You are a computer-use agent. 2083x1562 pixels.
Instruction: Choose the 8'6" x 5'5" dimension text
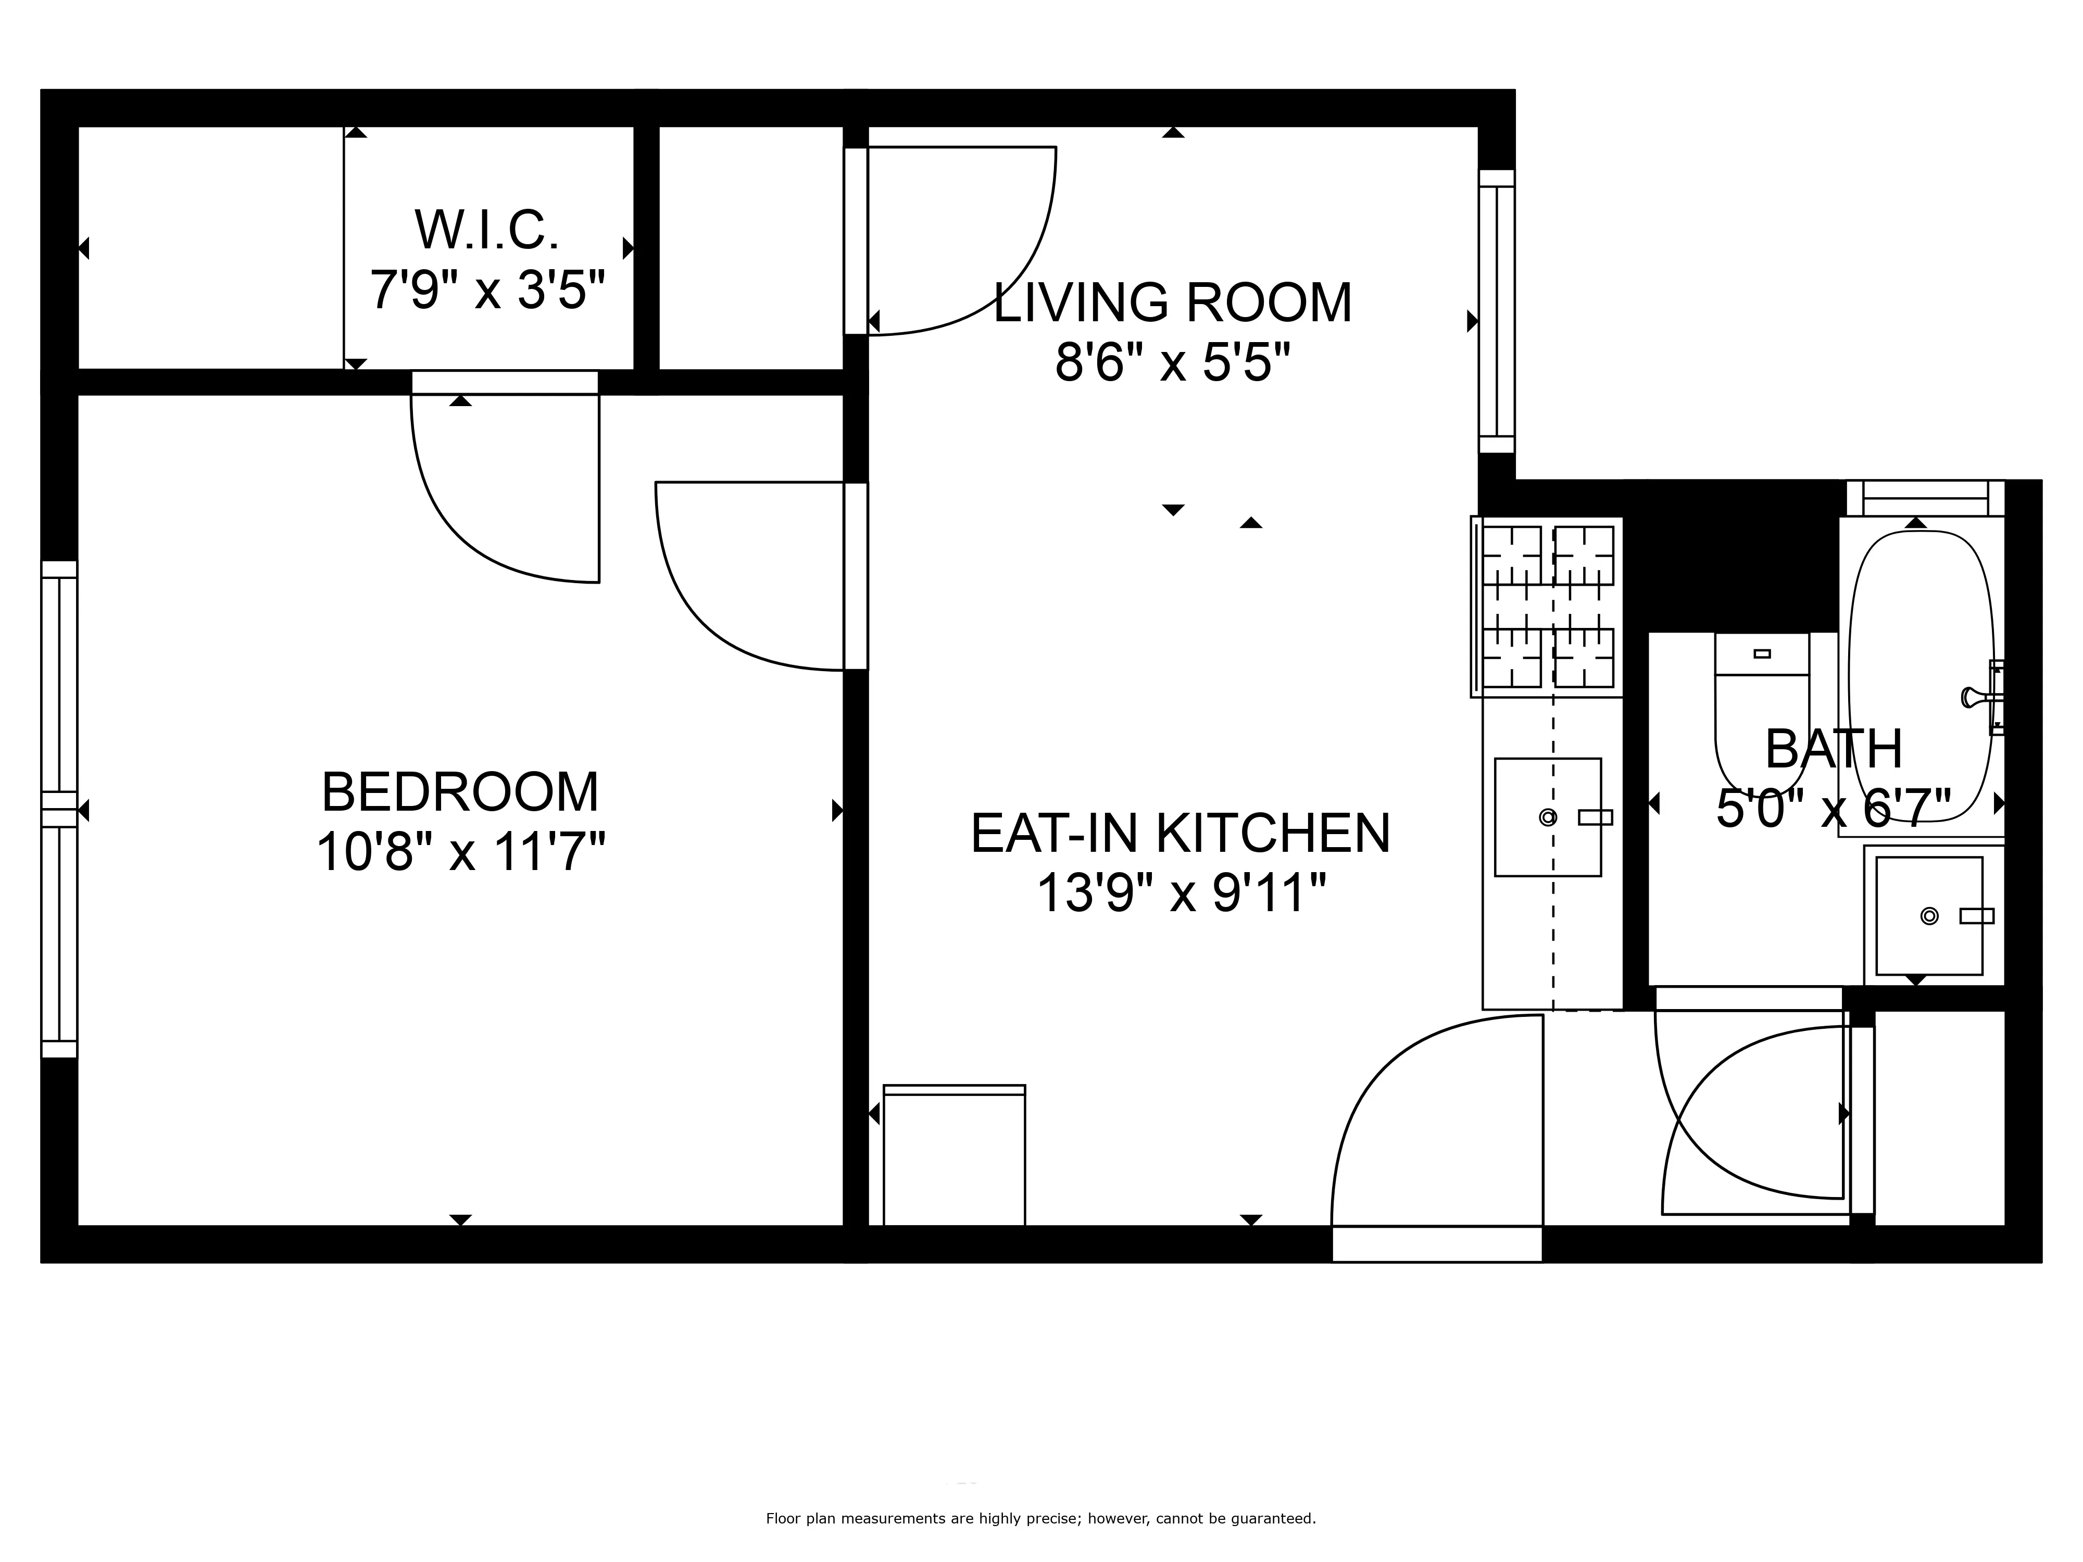1172,362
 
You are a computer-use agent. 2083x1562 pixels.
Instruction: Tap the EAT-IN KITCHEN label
1180,833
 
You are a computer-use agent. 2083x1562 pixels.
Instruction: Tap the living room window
1496,311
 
